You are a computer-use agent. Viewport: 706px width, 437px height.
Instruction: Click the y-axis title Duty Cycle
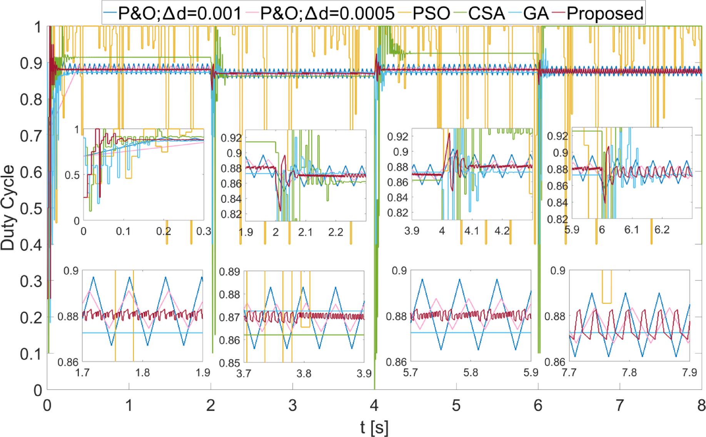(8, 208)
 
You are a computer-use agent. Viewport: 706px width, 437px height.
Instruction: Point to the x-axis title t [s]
(374, 427)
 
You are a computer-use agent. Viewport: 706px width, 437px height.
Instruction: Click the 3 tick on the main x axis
(292, 405)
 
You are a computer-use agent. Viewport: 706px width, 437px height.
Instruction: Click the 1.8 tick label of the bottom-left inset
(142, 372)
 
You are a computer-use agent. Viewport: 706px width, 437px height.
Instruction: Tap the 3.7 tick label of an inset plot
(244, 374)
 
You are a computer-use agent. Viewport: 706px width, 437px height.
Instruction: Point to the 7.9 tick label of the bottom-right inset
(689, 372)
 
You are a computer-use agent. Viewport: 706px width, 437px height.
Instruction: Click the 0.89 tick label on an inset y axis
(229, 272)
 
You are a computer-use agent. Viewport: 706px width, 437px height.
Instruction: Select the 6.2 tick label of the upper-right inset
(662, 230)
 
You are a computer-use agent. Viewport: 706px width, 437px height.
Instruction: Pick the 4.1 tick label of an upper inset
(472, 231)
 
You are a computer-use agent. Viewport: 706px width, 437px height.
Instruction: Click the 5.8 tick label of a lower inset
(471, 372)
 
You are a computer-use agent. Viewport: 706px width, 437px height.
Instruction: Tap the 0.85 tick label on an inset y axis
(229, 363)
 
